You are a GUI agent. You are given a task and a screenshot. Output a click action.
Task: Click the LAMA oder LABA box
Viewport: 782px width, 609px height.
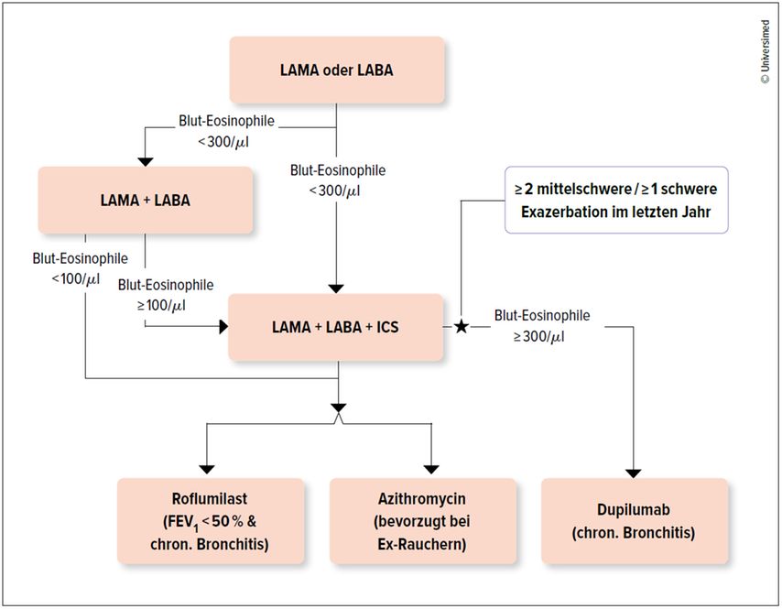(x=337, y=70)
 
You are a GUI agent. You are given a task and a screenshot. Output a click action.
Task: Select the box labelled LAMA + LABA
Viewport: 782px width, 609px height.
(x=145, y=200)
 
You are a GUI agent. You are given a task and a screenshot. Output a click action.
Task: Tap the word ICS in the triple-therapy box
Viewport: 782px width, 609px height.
(x=387, y=327)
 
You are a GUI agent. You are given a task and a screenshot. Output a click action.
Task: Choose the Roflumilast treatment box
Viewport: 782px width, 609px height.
(x=211, y=521)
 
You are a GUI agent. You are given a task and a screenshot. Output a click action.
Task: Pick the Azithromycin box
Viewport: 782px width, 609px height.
(x=422, y=521)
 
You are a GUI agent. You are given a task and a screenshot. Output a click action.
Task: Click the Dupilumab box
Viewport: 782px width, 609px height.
(x=635, y=521)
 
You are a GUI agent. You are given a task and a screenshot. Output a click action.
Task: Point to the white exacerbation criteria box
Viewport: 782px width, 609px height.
(x=616, y=200)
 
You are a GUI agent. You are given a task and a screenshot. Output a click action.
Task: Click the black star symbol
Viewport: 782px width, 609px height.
(x=462, y=327)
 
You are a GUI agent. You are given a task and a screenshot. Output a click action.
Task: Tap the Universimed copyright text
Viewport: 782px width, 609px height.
(x=766, y=52)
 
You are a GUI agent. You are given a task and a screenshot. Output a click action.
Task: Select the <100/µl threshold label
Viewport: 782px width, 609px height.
(x=76, y=278)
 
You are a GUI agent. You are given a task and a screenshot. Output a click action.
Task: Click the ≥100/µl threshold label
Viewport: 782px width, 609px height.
(x=161, y=305)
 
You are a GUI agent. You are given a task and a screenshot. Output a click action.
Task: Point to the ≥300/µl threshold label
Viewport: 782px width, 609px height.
(x=539, y=337)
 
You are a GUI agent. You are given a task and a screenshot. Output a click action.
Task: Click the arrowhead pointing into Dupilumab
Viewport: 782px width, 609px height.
(x=634, y=473)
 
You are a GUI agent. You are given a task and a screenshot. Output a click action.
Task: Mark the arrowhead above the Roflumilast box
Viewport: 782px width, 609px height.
(x=206, y=469)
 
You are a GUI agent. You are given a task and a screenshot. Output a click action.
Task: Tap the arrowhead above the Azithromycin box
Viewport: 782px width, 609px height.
(x=431, y=469)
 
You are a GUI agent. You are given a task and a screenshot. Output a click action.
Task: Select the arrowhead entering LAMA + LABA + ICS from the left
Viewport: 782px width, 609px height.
(x=224, y=327)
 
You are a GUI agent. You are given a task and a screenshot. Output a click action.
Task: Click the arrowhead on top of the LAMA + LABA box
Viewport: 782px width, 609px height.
(x=145, y=162)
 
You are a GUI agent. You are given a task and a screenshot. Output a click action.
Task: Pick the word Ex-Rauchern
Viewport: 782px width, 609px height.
(x=422, y=544)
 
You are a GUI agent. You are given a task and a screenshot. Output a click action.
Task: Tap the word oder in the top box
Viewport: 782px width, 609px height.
(x=338, y=70)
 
